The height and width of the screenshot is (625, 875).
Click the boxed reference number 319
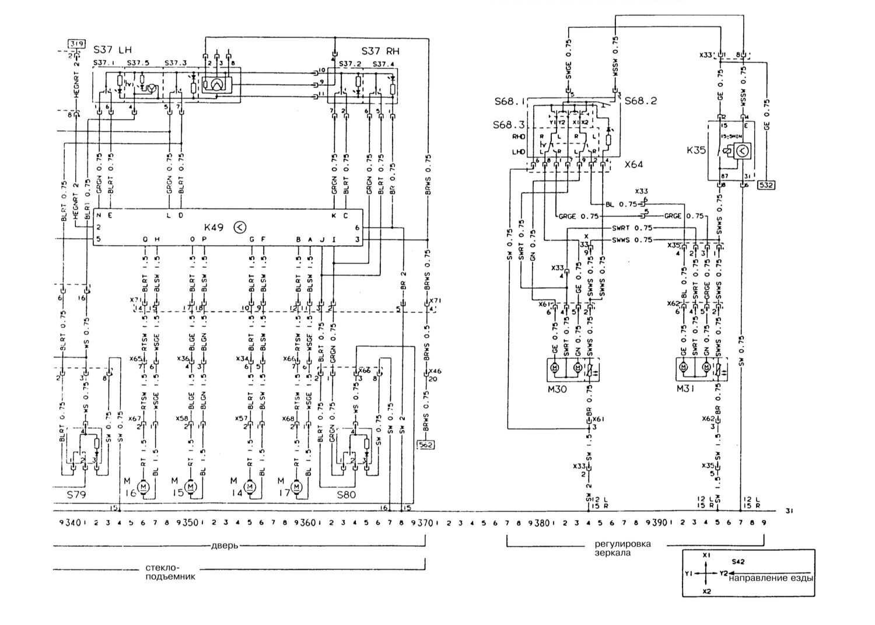pos(76,44)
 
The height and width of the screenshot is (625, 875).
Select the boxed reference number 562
pos(426,445)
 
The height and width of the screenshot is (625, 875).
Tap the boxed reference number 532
pos(766,186)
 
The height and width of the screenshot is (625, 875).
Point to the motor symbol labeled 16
pos(143,486)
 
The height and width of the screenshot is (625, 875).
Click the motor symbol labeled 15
pos(190,486)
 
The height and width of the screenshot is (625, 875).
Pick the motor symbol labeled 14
pos(249,486)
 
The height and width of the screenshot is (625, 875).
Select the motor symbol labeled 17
pos(296,486)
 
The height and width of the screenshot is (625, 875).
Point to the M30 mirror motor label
pos(558,389)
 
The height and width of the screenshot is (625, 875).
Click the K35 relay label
pos(696,150)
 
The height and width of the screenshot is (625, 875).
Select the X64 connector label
pos(633,165)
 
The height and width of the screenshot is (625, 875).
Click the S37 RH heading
pos(380,51)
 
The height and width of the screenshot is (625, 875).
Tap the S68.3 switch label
pos(509,125)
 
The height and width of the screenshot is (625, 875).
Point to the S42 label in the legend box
pos(738,561)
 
